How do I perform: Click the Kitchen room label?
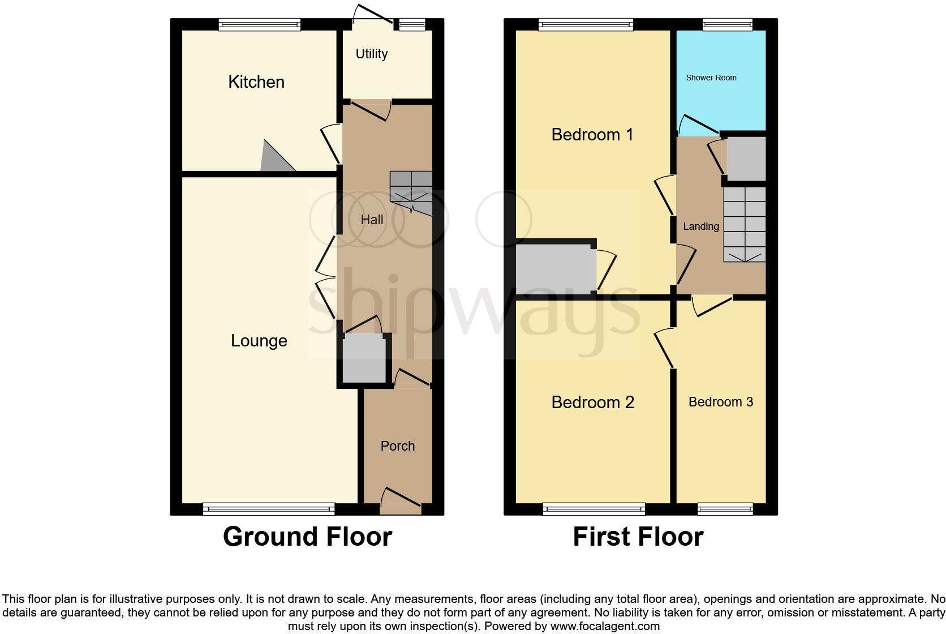coord(256,82)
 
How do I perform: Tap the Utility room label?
coord(371,54)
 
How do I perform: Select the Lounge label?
coord(259,341)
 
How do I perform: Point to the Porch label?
coord(397,446)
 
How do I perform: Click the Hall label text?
coord(372,220)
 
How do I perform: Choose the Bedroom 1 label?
coord(592,135)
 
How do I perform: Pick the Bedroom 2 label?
coord(592,402)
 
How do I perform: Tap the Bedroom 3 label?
coord(720,402)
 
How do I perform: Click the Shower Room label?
coord(711,78)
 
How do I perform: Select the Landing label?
coord(700,226)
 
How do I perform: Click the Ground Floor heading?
coord(307,537)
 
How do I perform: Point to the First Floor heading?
coord(638,537)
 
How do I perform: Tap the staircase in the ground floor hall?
coord(411,192)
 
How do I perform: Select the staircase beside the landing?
coord(744,224)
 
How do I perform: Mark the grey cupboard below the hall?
coord(364,358)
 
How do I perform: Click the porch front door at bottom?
coord(401,503)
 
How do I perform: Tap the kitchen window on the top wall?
coord(259,24)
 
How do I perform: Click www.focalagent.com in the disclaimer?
coord(605,626)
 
